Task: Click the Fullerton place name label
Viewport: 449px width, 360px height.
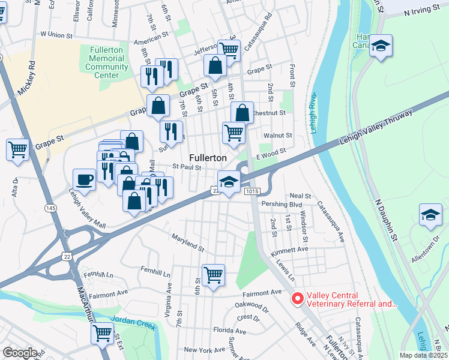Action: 208,157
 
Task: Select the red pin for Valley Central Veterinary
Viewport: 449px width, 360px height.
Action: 297,299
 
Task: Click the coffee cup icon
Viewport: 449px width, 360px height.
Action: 84,179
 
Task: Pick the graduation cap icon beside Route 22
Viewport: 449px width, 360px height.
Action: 229,182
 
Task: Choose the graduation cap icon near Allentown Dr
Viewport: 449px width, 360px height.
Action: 430,215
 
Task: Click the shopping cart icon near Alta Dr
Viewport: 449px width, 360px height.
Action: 18,149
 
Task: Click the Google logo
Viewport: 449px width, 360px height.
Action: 20,353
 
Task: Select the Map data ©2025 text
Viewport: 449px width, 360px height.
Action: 423,355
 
